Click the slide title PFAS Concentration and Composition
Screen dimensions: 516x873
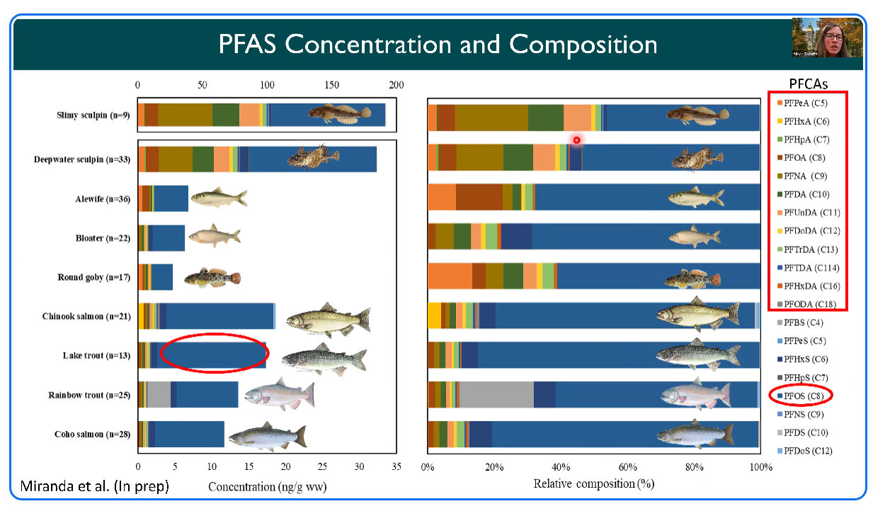point(438,45)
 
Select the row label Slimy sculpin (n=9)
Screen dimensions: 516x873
point(93,116)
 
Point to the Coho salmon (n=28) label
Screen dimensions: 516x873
point(92,434)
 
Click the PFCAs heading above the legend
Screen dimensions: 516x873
point(809,84)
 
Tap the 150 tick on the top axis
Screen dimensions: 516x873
point(332,85)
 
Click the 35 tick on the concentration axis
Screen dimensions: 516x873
point(396,466)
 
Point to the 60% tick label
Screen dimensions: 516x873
point(627,467)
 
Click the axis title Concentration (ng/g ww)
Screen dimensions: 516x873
point(267,487)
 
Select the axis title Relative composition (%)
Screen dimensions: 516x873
point(593,484)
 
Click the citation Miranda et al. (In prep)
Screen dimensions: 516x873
point(95,486)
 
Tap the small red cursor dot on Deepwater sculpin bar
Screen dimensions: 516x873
point(576,140)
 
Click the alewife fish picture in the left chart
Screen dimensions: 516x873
point(218,198)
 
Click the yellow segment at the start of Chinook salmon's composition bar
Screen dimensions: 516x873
point(434,315)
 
